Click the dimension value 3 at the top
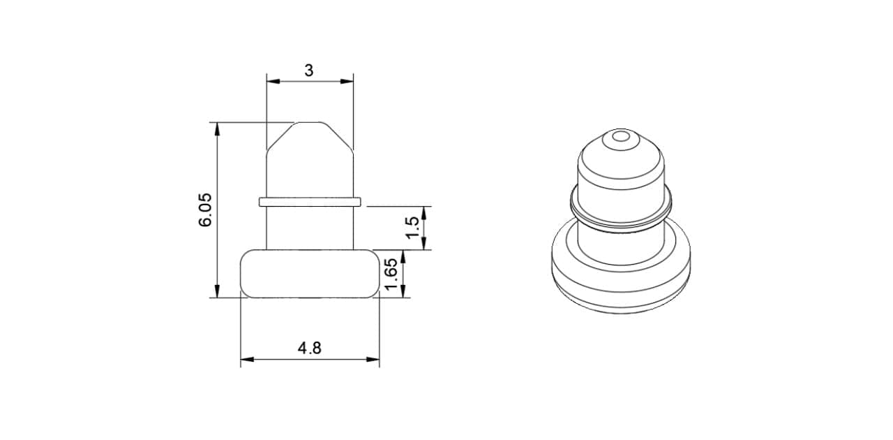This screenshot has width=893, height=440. tap(309, 71)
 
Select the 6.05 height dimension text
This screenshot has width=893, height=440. tap(206, 210)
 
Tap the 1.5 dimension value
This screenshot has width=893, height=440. tap(413, 228)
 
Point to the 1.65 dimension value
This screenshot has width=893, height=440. tap(391, 274)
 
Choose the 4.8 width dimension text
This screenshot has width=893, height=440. tap(309, 349)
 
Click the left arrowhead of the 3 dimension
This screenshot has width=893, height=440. tap(273, 82)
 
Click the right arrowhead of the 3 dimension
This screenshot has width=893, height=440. tap(347, 82)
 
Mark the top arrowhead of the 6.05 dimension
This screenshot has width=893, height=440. tap(217, 129)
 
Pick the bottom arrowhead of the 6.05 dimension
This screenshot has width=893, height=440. tap(217, 291)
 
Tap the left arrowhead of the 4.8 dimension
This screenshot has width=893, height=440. tap(247, 360)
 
